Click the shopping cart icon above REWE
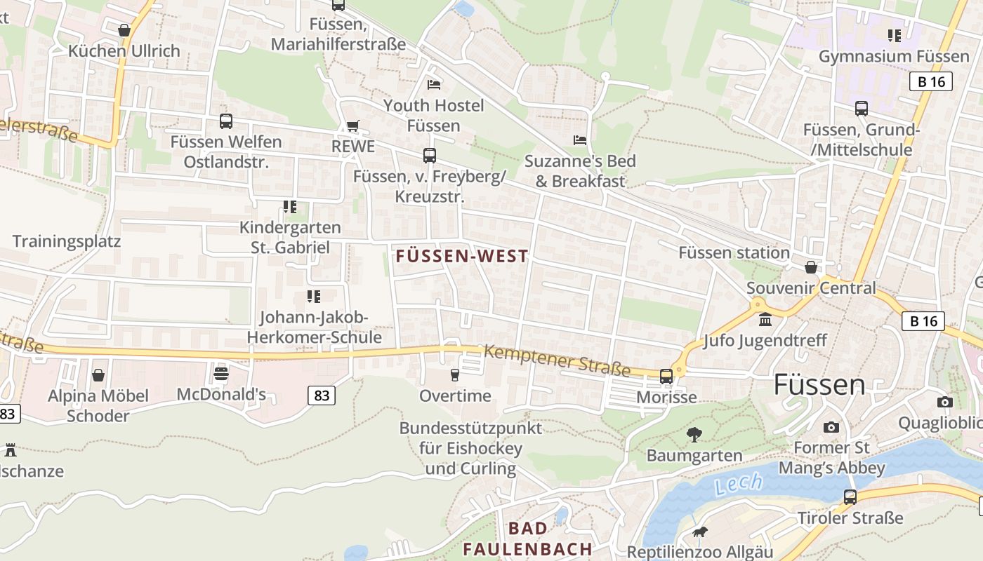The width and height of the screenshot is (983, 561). click(352, 126)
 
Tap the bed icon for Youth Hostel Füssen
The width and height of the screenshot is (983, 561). click(434, 85)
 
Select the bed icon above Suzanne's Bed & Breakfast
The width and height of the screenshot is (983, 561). click(580, 140)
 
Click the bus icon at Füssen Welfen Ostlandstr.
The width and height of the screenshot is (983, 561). click(225, 121)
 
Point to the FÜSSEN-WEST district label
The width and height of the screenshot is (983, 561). click(462, 256)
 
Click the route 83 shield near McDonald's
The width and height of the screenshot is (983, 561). click(322, 396)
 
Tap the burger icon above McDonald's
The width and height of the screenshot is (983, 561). click(221, 373)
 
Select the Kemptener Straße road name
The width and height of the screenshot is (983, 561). click(557, 360)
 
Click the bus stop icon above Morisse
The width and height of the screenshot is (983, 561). click(666, 376)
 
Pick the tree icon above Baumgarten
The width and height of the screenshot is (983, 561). click(694, 435)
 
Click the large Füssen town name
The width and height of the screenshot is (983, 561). click(819, 385)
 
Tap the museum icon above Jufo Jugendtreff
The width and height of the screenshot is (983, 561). click(765, 320)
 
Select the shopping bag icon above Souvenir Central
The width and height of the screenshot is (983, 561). click(811, 267)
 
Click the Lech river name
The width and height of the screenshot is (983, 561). click(739, 483)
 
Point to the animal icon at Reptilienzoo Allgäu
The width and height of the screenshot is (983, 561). click(699, 532)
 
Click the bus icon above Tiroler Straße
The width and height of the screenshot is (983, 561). click(850, 497)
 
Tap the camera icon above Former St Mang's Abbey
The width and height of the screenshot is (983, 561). click(831, 426)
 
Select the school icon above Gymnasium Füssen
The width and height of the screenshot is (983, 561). click(894, 35)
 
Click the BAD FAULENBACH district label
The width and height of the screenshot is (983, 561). click(528, 538)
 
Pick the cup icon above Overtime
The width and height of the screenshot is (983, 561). click(455, 375)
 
